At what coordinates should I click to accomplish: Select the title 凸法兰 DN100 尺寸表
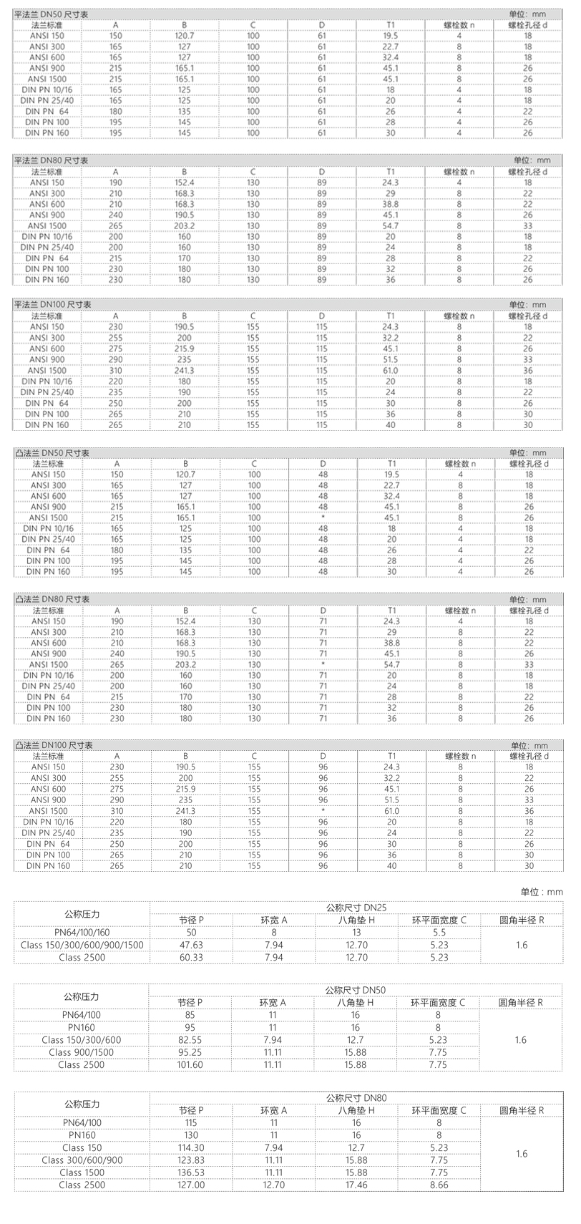[x=54, y=745]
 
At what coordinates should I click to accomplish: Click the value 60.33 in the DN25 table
[x=190, y=957]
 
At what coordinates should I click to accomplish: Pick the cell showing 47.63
[x=190, y=945]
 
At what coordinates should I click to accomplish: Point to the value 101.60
[x=190, y=1064]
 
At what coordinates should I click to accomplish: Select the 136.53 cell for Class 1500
[x=190, y=1172]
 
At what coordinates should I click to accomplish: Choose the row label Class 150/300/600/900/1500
[x=82, y=945]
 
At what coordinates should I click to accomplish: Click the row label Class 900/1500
[x=82, y=1052]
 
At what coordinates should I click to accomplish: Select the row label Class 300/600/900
[x=82, y=1160]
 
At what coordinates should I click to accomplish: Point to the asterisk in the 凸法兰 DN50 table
[x=323, y=518]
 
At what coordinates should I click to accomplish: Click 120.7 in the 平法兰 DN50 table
[x=185, y=35]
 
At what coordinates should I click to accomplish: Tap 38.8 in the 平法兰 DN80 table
[x=391, y=204]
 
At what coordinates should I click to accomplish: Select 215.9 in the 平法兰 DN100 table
[x=185, y=348]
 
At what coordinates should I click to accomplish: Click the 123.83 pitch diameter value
[x=190, y=1160]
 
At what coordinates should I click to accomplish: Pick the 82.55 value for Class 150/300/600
[x=190, y=1039]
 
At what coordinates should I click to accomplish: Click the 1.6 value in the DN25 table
[x=521, y=945]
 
